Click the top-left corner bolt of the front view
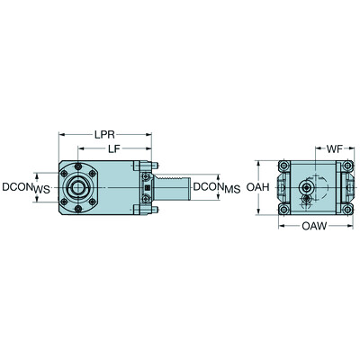(x=283, y=166)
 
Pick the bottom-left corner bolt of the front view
(x=283, y=210)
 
